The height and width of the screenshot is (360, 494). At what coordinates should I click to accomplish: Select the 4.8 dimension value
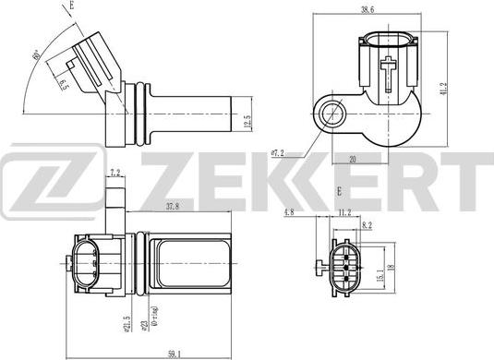290,211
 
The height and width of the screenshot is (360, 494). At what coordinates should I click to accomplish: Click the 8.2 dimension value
367,224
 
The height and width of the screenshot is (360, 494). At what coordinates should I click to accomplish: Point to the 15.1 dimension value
380,275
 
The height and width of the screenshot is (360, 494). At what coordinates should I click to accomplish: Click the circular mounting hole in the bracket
331,114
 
